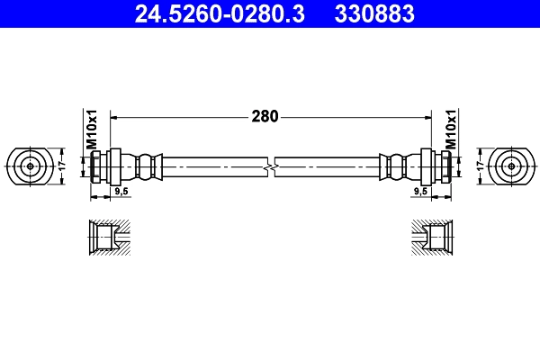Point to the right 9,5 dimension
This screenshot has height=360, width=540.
click(419, 192)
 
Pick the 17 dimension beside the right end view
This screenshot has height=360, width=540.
click(481, 166)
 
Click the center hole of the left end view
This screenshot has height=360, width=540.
click(31, 166)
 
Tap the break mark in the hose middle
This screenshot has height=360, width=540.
click(270, 166)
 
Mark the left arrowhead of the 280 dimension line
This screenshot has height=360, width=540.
click(114, 116)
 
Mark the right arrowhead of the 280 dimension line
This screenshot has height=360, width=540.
click(426, 116)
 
